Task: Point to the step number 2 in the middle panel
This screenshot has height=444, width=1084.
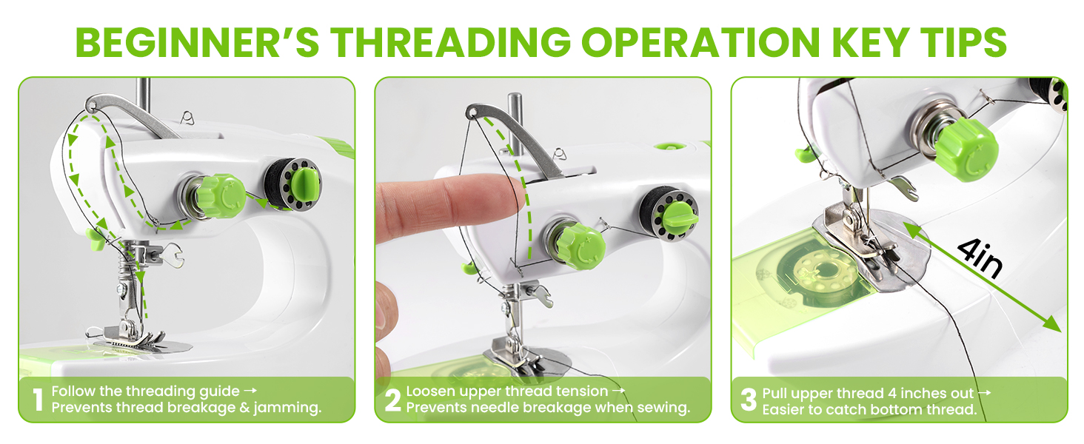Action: click(393, 400)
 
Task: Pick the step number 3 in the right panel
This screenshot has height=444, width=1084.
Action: click(749, 400)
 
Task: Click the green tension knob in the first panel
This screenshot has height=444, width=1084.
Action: click(220, 196)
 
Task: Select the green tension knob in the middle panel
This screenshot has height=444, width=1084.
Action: click(581, 245)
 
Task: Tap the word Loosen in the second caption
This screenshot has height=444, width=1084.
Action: click(429, 391)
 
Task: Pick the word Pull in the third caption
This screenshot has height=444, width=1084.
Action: click(774, 393)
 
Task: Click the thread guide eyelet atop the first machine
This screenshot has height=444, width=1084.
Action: click(91, 106)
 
